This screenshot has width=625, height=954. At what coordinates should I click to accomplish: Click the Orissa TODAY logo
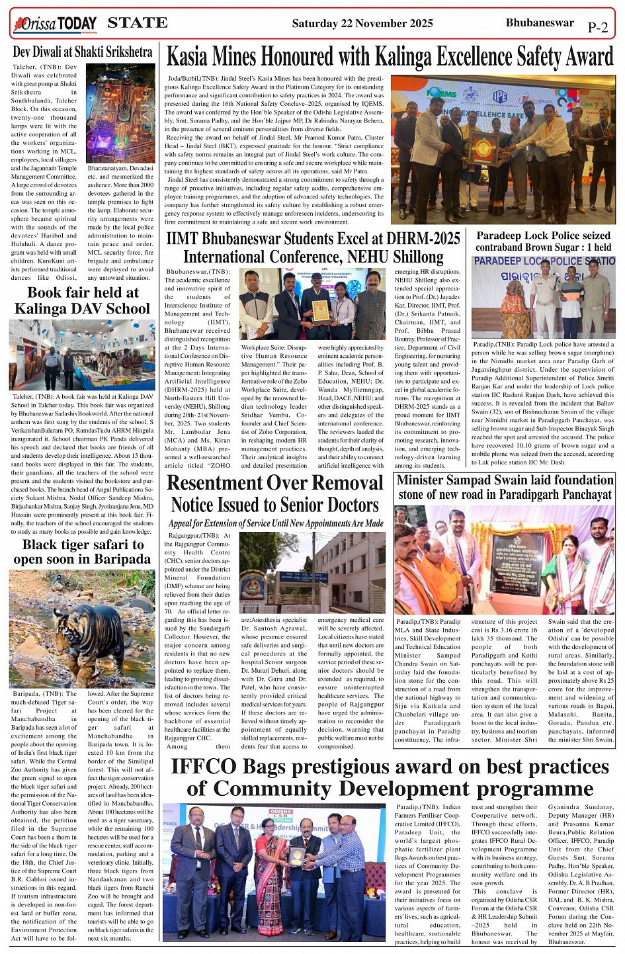(x=55, y=24)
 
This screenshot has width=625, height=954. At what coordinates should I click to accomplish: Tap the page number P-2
(x=597, y=27)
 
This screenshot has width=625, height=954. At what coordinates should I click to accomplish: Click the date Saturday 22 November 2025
(x=362, y=24)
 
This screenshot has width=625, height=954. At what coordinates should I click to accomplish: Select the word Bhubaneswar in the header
(x=539, y=22)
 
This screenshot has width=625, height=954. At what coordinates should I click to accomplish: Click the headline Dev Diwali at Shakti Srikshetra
(x=83, y=52)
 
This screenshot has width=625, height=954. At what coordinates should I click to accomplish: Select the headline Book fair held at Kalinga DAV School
(x=83, y=300)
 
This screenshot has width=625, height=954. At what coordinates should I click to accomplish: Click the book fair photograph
(x=82, y=355)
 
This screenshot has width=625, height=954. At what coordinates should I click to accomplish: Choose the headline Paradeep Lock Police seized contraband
(x=543, y=241)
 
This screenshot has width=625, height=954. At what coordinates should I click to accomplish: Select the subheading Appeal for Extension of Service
(x=276, y=523)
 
